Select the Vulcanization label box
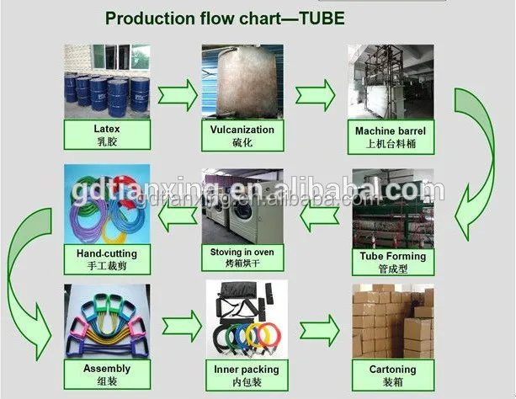(x=237, y=136)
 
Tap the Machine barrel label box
(x=390, y=136)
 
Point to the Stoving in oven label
(x=242, y=258)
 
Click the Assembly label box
(x=107, y=373)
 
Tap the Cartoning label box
(x=391, y=373)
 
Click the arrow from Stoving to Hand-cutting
(x=177, y=218)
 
